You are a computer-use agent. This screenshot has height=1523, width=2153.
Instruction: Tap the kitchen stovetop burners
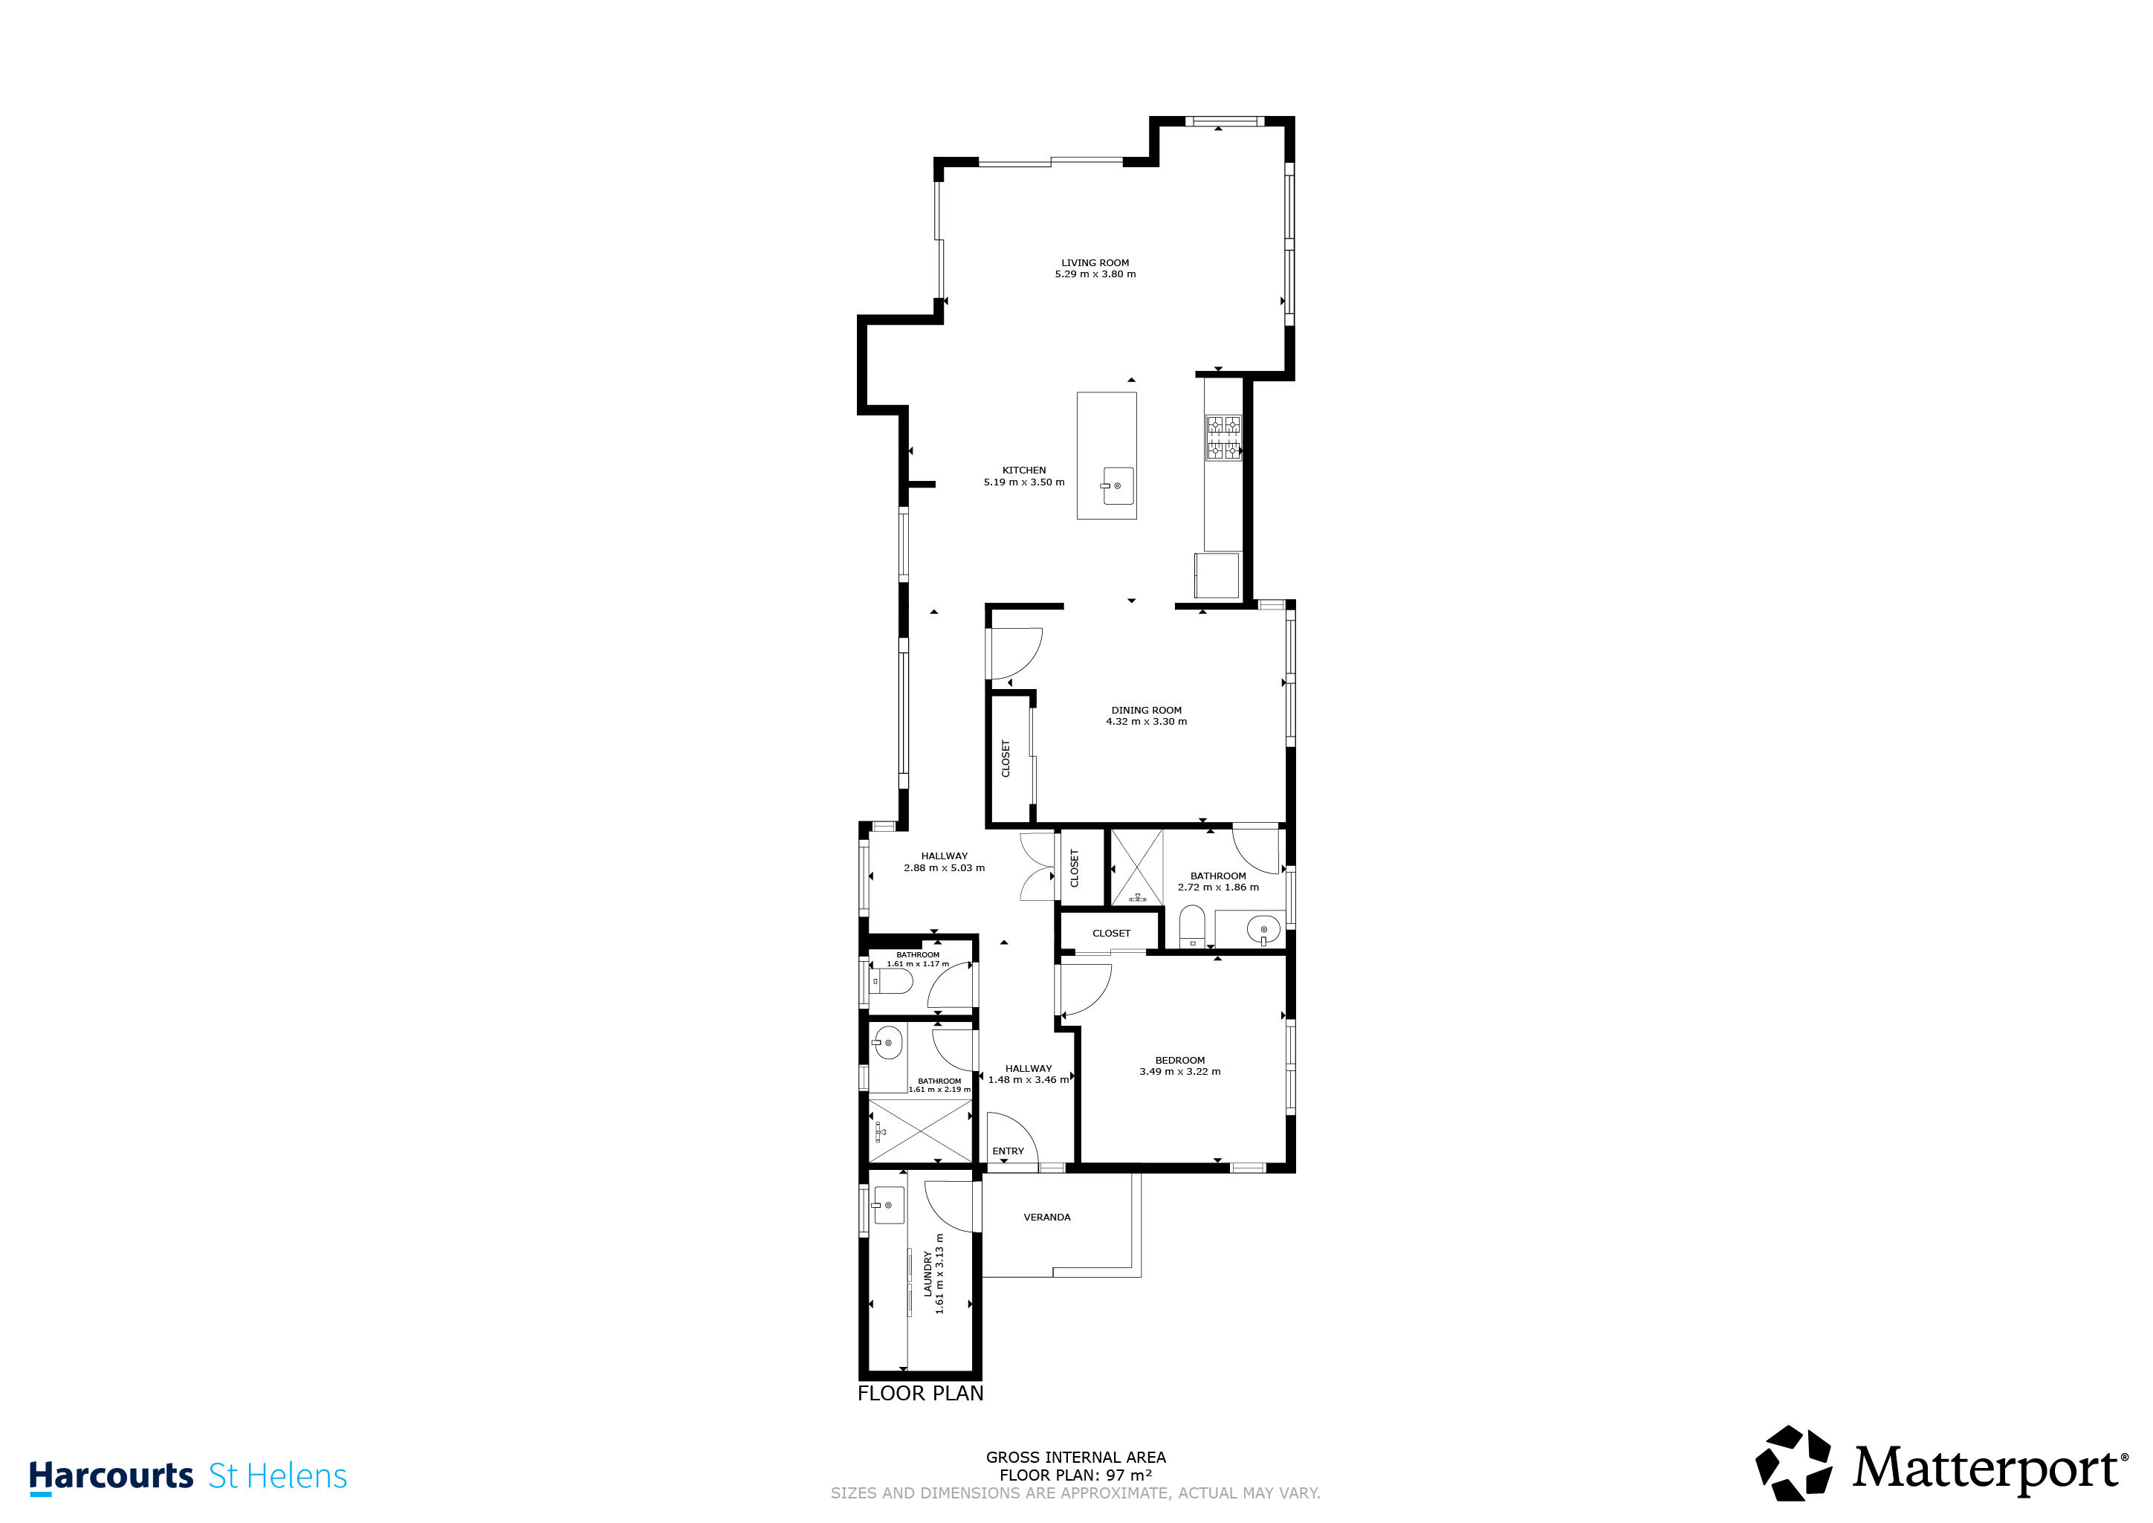pyautogui.click(x=1223, y=438)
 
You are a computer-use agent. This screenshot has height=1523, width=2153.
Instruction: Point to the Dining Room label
pyautogui.click(x=1147, y=711)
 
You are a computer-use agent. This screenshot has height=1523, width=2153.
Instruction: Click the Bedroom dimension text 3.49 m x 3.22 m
pyautogui.click(x=1179, y=1072)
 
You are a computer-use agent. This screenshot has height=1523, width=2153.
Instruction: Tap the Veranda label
pyautogui.click(x=1046, y=1218)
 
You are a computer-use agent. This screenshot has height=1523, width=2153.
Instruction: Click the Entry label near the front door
pyautogui.click(x=1008, y=1151)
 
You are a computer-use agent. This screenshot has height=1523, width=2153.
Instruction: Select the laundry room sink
pyautogui.click(x=888, y=1205)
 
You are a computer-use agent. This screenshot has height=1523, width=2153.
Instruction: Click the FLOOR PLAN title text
pyautogui.click(x=921, y=1394)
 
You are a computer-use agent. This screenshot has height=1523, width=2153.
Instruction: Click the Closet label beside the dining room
pyautogui.click(x=1006, y=759)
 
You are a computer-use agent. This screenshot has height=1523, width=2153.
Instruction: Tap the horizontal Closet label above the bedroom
pyautogui.click(x=1111, y=933)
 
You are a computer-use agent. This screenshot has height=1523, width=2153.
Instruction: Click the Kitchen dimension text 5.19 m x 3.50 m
pyautogui.click(x=1024, y=482)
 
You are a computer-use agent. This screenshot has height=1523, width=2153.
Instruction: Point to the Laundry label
pyautogui.click(x=928, y=1273)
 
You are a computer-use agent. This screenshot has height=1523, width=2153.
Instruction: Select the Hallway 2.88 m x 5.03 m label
pyautogui.click(x=945, y=862)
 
